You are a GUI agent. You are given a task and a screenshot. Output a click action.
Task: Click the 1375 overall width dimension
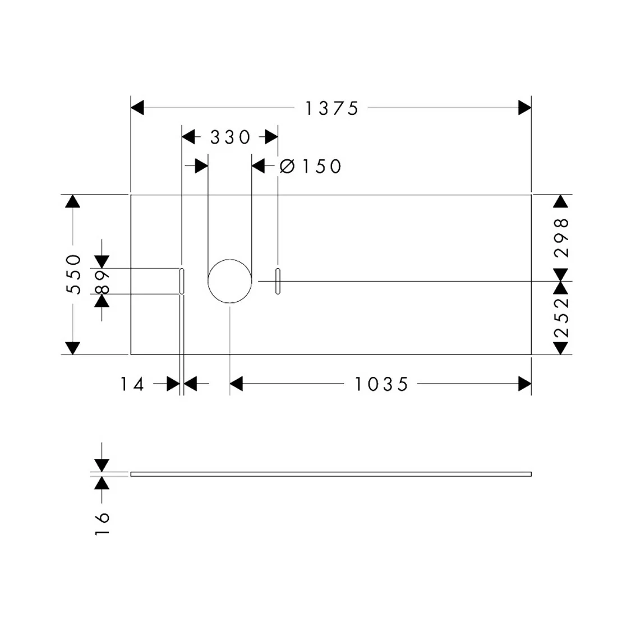[x=331, y=108]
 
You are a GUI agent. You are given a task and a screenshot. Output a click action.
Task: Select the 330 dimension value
[x=230, y=137]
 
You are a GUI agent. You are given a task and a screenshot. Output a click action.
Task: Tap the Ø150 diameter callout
[x=311, y=167]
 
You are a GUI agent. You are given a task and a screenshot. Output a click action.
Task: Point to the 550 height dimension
[x=73, y=274]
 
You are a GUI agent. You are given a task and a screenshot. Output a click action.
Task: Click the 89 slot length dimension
[x=102, y=282]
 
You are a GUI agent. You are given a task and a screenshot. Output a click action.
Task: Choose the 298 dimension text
[x=561, y=238]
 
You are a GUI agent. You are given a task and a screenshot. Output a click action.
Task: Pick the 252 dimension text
[x=561, y=317]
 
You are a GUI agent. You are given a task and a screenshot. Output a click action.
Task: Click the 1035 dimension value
[x=381, y=384]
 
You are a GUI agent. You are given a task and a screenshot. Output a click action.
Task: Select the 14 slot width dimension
[x=132, y=384]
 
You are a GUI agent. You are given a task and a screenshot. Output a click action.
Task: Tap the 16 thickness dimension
[x=102, y=523]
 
